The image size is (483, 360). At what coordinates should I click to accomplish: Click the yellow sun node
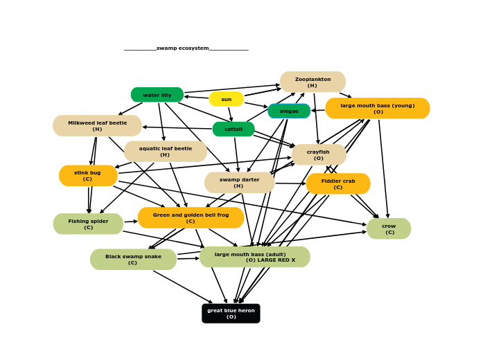tap(227, 99)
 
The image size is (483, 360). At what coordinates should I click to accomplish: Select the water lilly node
tap(157, 95)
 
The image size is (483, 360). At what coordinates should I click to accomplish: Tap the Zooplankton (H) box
tap(313, 82)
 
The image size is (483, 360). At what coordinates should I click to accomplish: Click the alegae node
tap(289, 111)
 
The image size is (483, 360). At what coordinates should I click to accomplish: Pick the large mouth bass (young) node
tap(378, 108)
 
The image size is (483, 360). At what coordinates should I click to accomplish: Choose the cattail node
tap(234, 129)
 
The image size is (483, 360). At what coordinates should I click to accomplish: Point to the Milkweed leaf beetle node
tap(97, 125)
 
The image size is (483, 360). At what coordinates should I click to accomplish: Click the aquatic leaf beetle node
tap(165, 151)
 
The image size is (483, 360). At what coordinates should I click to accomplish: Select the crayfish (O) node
tap(319, 154)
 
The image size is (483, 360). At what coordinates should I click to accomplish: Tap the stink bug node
tap(88, 175)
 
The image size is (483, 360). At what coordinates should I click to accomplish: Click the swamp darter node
tap(239, 182)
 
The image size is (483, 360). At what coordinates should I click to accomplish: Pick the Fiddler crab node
tap(338, 183)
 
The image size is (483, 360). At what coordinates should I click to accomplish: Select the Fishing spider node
tap(88, 224)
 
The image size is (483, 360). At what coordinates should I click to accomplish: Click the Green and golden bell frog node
tap(191, 217)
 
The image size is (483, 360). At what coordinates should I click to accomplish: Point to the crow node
tap(389, 228)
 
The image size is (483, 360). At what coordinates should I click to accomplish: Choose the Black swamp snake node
tap(133, 259)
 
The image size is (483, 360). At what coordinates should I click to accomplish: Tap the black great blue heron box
tap(231, 313)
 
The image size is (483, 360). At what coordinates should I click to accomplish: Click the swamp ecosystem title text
tap(186, 48)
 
